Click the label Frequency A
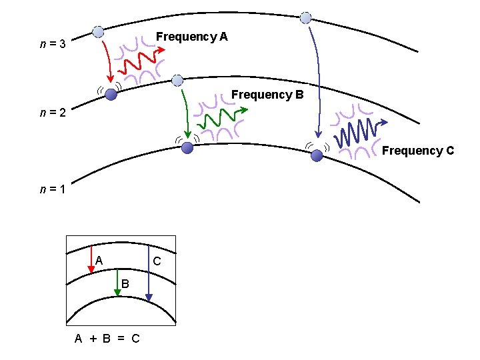tap(191, 37)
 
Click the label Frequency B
tap(267, 95)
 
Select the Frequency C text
tap(417, 151)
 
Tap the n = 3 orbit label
tap(52, 45)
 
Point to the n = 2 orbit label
tap(52, 113)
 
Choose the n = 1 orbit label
tap(52, 189)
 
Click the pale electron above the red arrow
tap(99, 32)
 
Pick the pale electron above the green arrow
tap(177, 81)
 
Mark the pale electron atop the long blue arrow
tap(305, 17)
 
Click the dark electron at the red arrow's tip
tap(111, 95)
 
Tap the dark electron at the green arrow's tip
tap(188, 147)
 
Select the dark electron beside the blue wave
tap(317, 155)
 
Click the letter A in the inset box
tap(99, 260)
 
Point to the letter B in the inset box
tap(125, 285)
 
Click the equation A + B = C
tap(107, 339)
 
